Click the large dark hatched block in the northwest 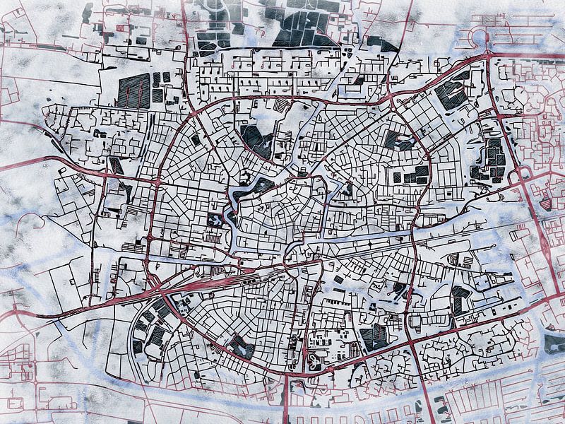(133, 91)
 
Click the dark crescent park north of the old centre (256, 140)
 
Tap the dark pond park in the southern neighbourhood (240, 346)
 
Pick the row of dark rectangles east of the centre (410, 174)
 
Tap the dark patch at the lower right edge (554, 343)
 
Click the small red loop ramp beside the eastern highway (526, 173)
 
